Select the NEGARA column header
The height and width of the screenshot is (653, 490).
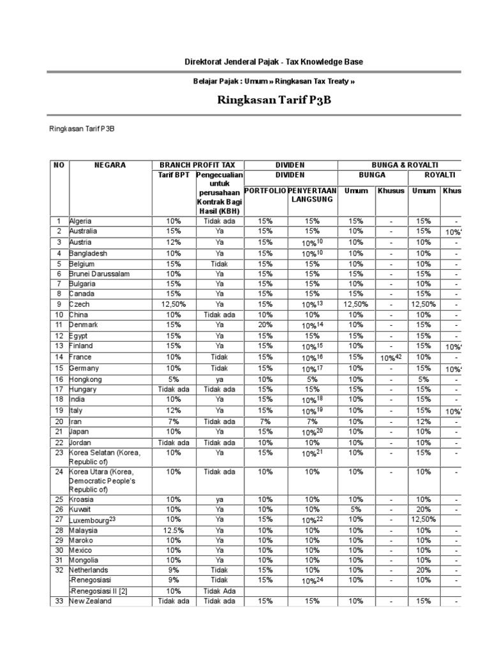tap(110, 165)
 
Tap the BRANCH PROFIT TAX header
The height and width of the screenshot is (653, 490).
tap(197, 165)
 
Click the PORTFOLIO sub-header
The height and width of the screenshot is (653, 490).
tap(265, 191)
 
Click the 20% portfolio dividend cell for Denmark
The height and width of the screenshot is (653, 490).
tap(265, 325)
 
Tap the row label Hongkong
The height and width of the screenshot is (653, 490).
tap(87, 379)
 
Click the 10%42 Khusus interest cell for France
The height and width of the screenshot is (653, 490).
tap(390, 358)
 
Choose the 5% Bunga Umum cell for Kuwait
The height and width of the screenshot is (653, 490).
tap(355, 510)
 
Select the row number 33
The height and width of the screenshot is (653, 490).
tap(58, 601)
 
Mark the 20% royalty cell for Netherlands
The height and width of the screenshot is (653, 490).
tap(424, 570)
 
